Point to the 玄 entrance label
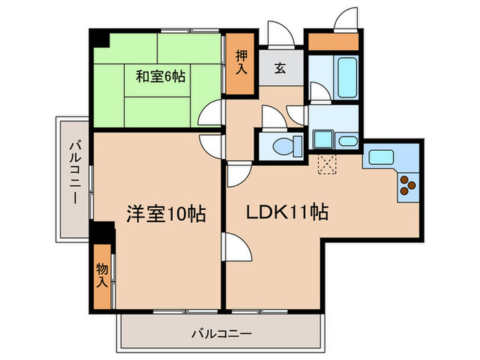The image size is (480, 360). tap(281, 68)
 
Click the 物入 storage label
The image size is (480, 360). tap(101, 275)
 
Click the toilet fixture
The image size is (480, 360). tap(287, 145)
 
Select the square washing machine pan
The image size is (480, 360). tap(322, 139)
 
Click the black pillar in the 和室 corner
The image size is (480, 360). tap(101, 38)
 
